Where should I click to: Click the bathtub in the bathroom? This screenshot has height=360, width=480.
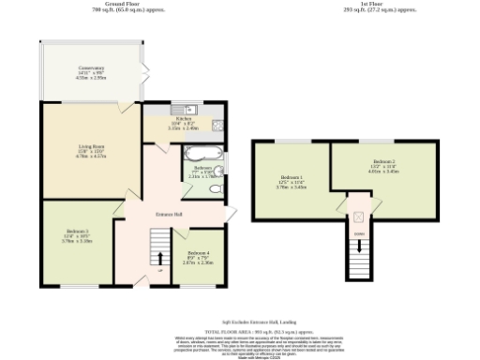(x=203, y=153)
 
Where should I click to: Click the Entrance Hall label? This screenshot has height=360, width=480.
(x=169, y=215)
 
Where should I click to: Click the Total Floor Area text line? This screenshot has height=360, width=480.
(x=240, y=331)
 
